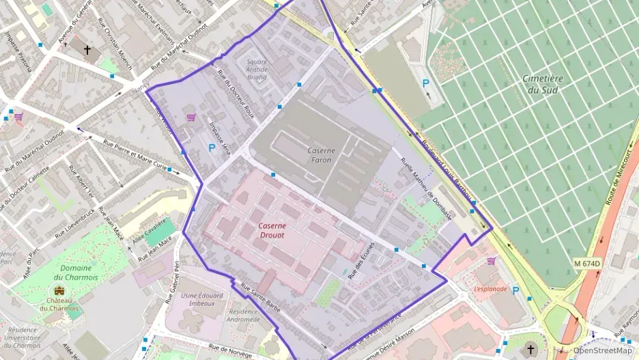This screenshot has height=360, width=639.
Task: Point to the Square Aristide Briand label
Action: (257, 70)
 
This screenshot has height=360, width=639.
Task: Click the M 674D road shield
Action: (586, 264)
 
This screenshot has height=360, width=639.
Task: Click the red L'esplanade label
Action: (490, 289)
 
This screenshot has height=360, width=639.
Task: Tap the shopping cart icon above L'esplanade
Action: (491, 261)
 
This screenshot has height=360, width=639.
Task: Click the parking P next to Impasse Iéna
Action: (211, 148)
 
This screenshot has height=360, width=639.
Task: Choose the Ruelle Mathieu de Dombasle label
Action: (426, 185)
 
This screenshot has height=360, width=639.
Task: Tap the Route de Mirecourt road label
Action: (619, 178)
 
